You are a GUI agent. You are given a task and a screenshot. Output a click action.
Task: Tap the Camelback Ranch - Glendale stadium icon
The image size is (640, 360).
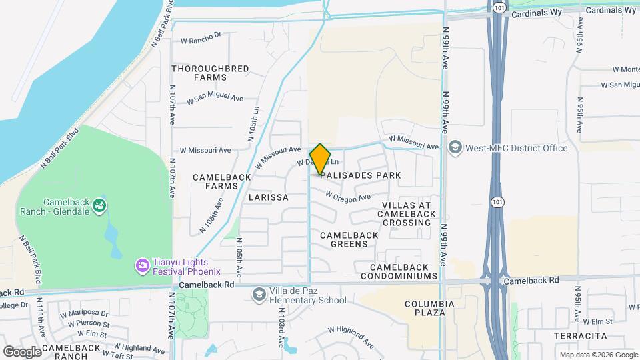coord(99,205)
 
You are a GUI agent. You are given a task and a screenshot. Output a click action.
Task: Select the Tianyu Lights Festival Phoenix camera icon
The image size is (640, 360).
coord(142,266)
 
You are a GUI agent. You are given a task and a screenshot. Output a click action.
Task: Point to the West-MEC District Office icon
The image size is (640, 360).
coord(455,147)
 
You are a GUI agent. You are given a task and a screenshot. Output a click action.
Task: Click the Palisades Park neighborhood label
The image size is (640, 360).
coord(360,175)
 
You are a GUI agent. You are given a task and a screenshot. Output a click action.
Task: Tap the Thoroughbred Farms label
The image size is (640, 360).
coord(210,73)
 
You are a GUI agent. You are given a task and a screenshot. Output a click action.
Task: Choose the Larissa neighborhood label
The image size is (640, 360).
coord(268,198)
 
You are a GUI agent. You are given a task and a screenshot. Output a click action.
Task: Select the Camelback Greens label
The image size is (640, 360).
coord(349,239)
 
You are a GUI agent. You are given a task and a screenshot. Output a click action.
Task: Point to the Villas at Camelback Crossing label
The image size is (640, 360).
coord(407,214)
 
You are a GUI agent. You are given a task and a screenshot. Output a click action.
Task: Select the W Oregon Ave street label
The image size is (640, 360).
coord(348,197)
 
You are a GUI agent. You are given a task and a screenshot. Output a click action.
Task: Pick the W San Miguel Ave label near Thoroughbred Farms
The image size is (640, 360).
coord(215,99)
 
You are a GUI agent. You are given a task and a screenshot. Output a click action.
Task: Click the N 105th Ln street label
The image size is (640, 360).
coord(253,124)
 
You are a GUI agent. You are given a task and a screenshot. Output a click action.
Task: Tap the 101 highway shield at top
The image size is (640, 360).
coord(500,7)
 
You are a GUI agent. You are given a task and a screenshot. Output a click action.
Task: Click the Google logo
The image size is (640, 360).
coord(22,351)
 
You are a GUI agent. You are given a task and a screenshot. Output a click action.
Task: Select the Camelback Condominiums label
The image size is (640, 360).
coord(399,271)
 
